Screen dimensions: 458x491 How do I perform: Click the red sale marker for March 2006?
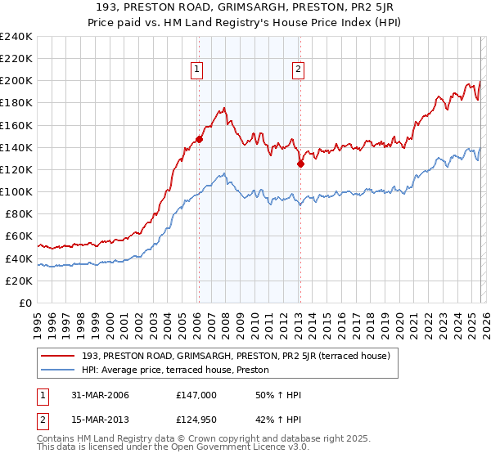click(199, 139)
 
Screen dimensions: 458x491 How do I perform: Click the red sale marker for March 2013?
click(300, 164)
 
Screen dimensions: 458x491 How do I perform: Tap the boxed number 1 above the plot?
click(198, 70)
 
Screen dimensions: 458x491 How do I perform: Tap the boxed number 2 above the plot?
click(299, 70)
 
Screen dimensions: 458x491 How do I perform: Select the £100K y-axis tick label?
click(16, 191)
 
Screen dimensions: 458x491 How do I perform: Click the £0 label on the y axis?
click(25, 303)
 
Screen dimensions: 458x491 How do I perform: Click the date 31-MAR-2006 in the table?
click(97, 395)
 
